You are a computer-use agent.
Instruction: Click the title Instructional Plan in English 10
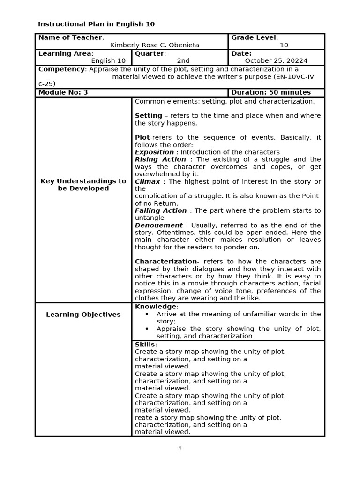click(x=96, y=24)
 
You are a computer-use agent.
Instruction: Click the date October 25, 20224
click(x=276, y=60)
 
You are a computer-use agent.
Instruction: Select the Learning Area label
click(x=65, y=53)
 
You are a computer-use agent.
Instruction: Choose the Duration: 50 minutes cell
click(x=271, y=92)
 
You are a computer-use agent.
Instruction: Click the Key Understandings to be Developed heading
click(x=83, y=185)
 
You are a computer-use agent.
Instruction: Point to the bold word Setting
click(x=148, y=115)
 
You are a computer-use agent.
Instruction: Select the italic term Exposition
click(x=154, y=152)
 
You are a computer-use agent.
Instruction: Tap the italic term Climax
click(x=147, y=181)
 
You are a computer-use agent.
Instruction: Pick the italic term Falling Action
click(x=161, y=210)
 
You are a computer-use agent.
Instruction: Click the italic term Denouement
click(x=158, y=225)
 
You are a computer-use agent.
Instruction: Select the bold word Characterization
click(x=165, y=262)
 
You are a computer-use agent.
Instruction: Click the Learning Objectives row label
click(x=83, y=315)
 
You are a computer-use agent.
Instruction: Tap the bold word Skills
click(x=145, y=345)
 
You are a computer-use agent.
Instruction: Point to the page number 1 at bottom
click(x=180, y=449)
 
